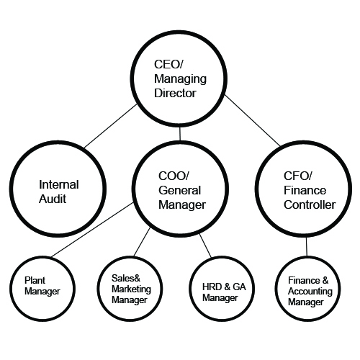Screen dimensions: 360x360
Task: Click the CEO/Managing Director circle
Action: (x=179, y=78)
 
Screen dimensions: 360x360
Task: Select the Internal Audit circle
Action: (x=58, y=189)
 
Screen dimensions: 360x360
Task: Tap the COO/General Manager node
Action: (x=180, y=189)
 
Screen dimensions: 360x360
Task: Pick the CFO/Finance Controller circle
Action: (x=303, y=189)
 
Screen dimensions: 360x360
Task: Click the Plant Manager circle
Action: (x=42, y=289)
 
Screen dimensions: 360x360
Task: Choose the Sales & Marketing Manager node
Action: (x=130, y=289)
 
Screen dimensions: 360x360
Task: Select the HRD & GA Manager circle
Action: (x=222, y=289)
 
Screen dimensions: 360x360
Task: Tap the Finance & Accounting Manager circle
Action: (x=307, y=289)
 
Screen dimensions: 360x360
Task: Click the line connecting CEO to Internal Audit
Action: (x=110, y=126)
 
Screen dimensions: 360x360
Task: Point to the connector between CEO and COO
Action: (x=180, y=134)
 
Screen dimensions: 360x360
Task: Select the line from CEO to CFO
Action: (x=252, y=121)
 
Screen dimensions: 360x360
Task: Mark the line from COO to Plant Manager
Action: (x=92, y=230)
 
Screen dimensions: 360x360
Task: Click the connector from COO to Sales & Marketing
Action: (x=142, y=242)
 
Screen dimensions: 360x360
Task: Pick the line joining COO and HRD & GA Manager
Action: (x=205, y=246)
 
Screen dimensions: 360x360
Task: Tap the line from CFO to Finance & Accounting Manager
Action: (x=307, y=247)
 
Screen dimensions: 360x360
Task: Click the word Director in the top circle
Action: (x=175, y=93)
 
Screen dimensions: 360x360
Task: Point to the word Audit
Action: (x=53, y=199)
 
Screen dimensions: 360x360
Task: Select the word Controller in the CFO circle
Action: (x=310, y=204)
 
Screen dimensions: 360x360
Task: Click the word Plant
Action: (x=35, y=280)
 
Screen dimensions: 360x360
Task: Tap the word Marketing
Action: (x=131, y=289)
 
